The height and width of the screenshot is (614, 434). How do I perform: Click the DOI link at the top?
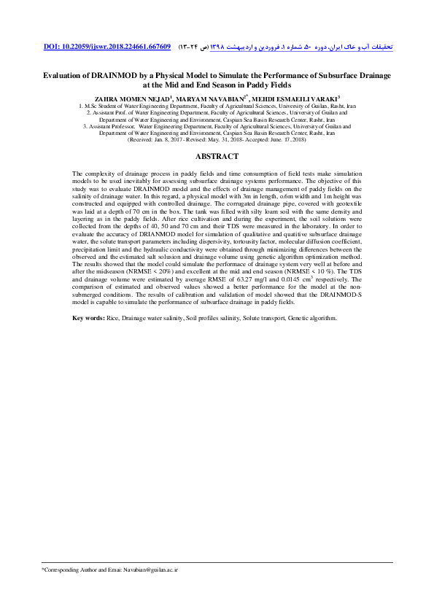click(x=107, y=47)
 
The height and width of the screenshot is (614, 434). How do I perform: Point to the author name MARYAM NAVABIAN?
click(x=212, y=97)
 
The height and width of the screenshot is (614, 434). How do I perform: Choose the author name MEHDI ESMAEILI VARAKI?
click(x=298, y=97)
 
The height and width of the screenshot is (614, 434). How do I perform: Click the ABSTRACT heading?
click(x=217, y=157)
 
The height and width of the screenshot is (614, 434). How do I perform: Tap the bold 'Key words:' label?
click(x=88, y=339)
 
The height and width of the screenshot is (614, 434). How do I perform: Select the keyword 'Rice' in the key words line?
click(x=112, y=339)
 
